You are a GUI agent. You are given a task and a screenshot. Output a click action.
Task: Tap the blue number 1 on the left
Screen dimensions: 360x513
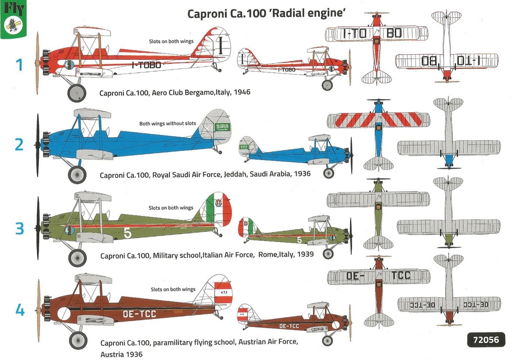(19, 66)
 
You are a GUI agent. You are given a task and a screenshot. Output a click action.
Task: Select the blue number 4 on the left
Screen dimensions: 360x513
(19, 310)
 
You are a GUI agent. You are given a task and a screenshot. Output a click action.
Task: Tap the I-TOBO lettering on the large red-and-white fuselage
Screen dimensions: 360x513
(149, 66)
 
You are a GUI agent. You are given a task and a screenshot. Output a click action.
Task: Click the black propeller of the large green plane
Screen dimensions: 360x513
(38, 228)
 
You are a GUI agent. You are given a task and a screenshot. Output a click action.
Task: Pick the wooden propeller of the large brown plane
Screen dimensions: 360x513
(39, 310)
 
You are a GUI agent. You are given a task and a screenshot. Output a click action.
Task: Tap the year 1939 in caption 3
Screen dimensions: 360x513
(303, 255)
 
